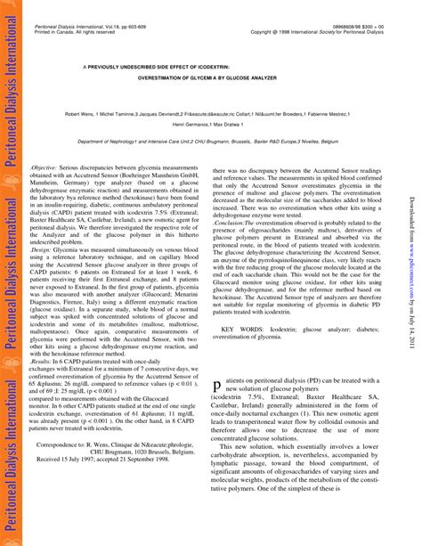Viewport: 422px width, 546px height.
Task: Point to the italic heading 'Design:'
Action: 42,251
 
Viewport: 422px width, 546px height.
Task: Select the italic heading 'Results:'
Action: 43,363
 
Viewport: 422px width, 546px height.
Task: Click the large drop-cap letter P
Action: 217,387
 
